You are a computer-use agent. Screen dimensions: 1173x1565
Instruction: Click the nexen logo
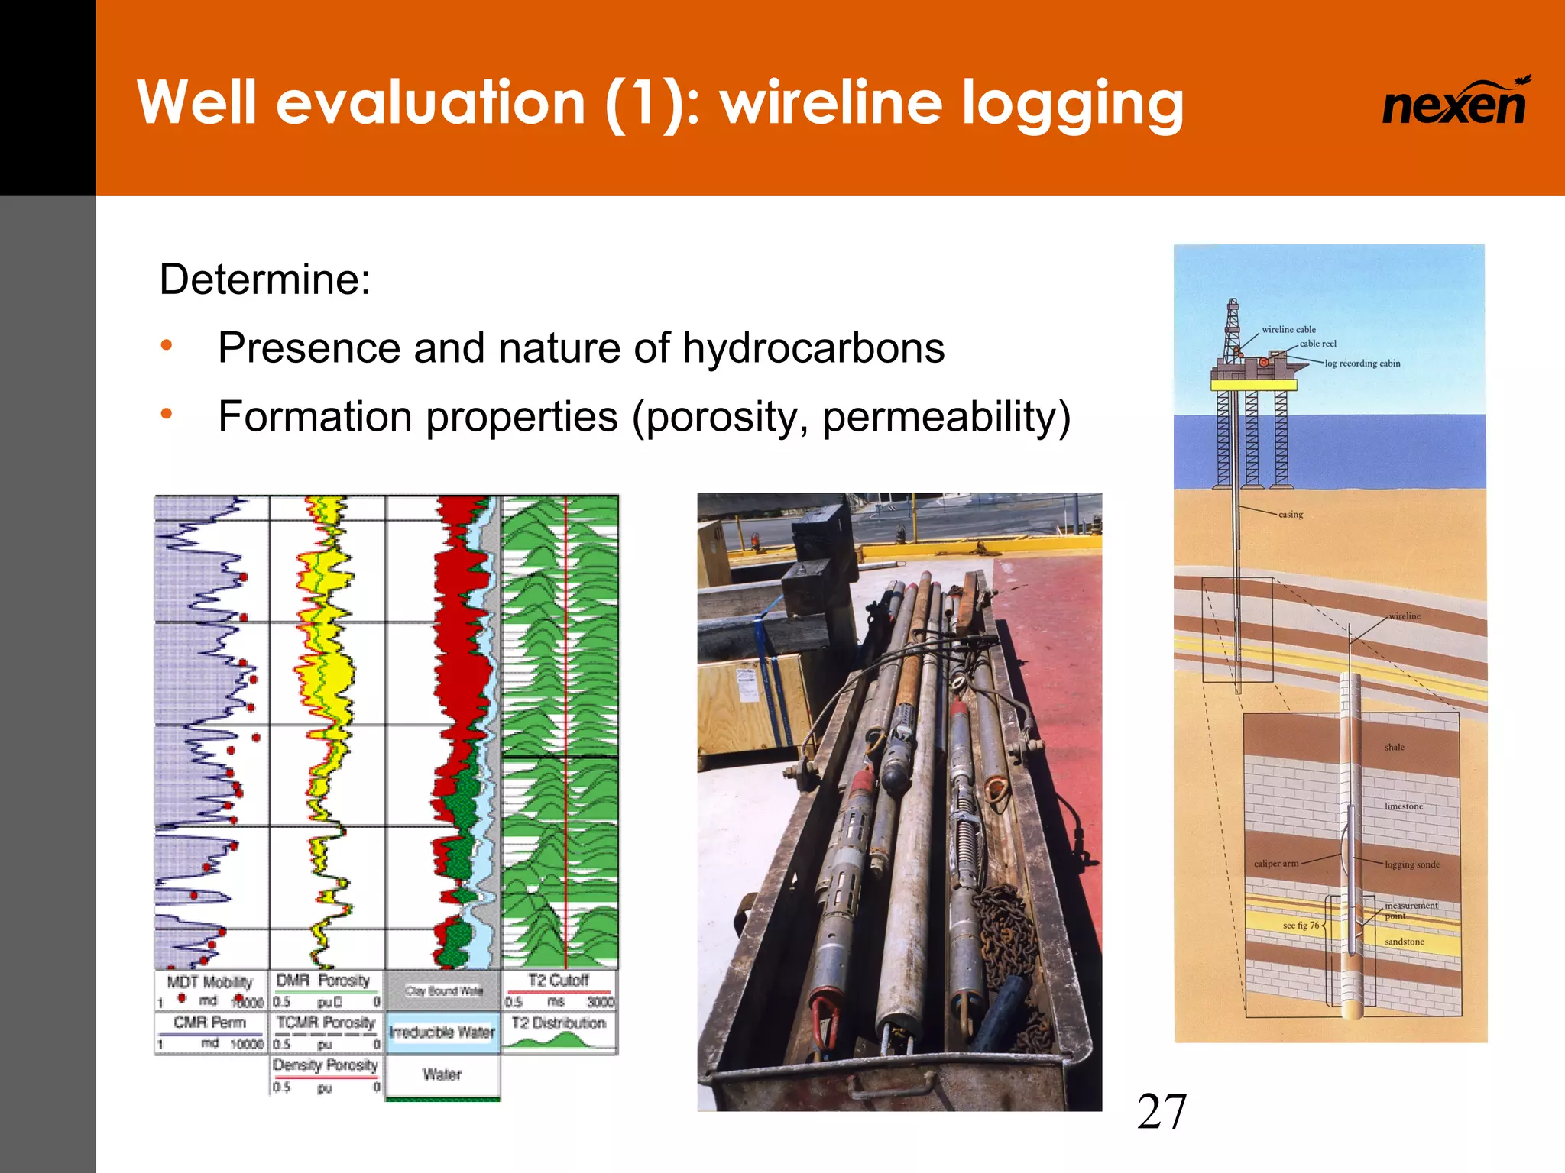click(1454, 103)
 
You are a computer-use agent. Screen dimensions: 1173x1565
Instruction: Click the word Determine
click(264, 280)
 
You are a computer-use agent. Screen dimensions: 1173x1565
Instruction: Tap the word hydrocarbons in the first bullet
click(813, 348)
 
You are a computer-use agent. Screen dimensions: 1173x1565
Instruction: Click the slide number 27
click(1162, 1112)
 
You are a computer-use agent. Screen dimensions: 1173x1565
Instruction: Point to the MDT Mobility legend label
click(209, 982)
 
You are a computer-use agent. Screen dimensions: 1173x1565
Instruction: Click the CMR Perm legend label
click(209, 1023)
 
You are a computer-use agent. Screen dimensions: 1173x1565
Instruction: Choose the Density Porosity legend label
click(326, 1065)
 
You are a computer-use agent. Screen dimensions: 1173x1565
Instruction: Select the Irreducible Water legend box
click(442, 1032)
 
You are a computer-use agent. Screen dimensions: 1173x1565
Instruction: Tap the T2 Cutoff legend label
click(559, 981)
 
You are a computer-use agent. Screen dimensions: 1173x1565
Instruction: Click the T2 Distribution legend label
click(559, 1023)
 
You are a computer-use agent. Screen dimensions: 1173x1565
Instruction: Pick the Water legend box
click(442, 1074)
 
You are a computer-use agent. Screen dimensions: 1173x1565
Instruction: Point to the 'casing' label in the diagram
click(1291, 515)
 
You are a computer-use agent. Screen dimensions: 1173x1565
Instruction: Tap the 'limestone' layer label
click(1404, 806)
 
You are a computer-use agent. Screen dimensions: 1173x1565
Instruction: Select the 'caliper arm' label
click(1276, 864)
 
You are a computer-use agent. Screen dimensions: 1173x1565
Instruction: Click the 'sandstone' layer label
click(1405, 942)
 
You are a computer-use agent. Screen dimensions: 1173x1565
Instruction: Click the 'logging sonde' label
click(1411, 864)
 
